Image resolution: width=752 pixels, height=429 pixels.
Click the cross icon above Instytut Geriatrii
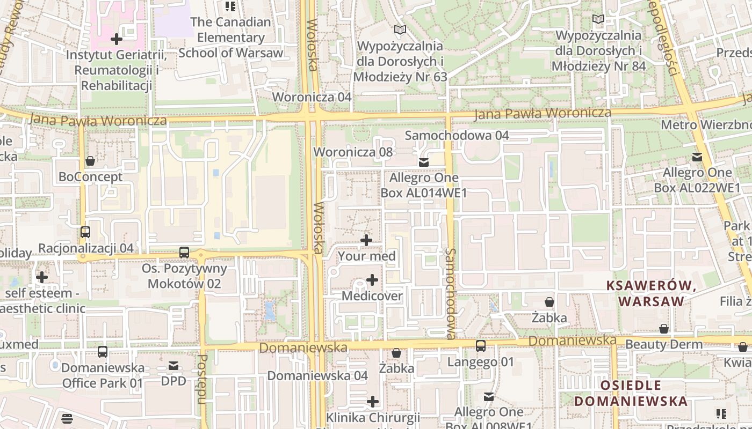coord(117,39)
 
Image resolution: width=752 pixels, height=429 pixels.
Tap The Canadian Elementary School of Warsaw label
coord(230,38)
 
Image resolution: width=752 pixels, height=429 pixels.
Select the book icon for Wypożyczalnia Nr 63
coord(400,29)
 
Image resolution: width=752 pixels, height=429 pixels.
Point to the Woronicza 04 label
coord(312,97)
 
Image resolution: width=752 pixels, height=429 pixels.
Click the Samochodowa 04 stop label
coord(457,135)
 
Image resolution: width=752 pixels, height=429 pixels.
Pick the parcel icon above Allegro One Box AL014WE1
coord(424,162)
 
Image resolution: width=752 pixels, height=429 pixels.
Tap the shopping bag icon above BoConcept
coord(90,161)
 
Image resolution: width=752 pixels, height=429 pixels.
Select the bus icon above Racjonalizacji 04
coord(85,232)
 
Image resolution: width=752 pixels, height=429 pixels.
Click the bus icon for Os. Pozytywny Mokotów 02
coord(184,252)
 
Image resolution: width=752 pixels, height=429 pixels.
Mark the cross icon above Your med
coord(366,240)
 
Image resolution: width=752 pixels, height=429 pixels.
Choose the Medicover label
coord(372,296)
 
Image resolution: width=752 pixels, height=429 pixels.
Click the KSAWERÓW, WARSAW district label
coord(652,293)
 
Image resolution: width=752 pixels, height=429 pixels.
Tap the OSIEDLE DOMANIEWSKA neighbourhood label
coord(631,393)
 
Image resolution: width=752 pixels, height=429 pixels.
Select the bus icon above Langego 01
coord(481,346)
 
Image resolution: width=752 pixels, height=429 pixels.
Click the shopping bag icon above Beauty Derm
coord(664,329)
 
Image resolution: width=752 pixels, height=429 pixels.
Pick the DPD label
coord(173,381)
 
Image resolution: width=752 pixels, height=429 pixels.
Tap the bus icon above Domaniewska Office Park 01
coord(103,352)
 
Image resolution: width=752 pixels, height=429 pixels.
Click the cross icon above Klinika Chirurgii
coord(372,402)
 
